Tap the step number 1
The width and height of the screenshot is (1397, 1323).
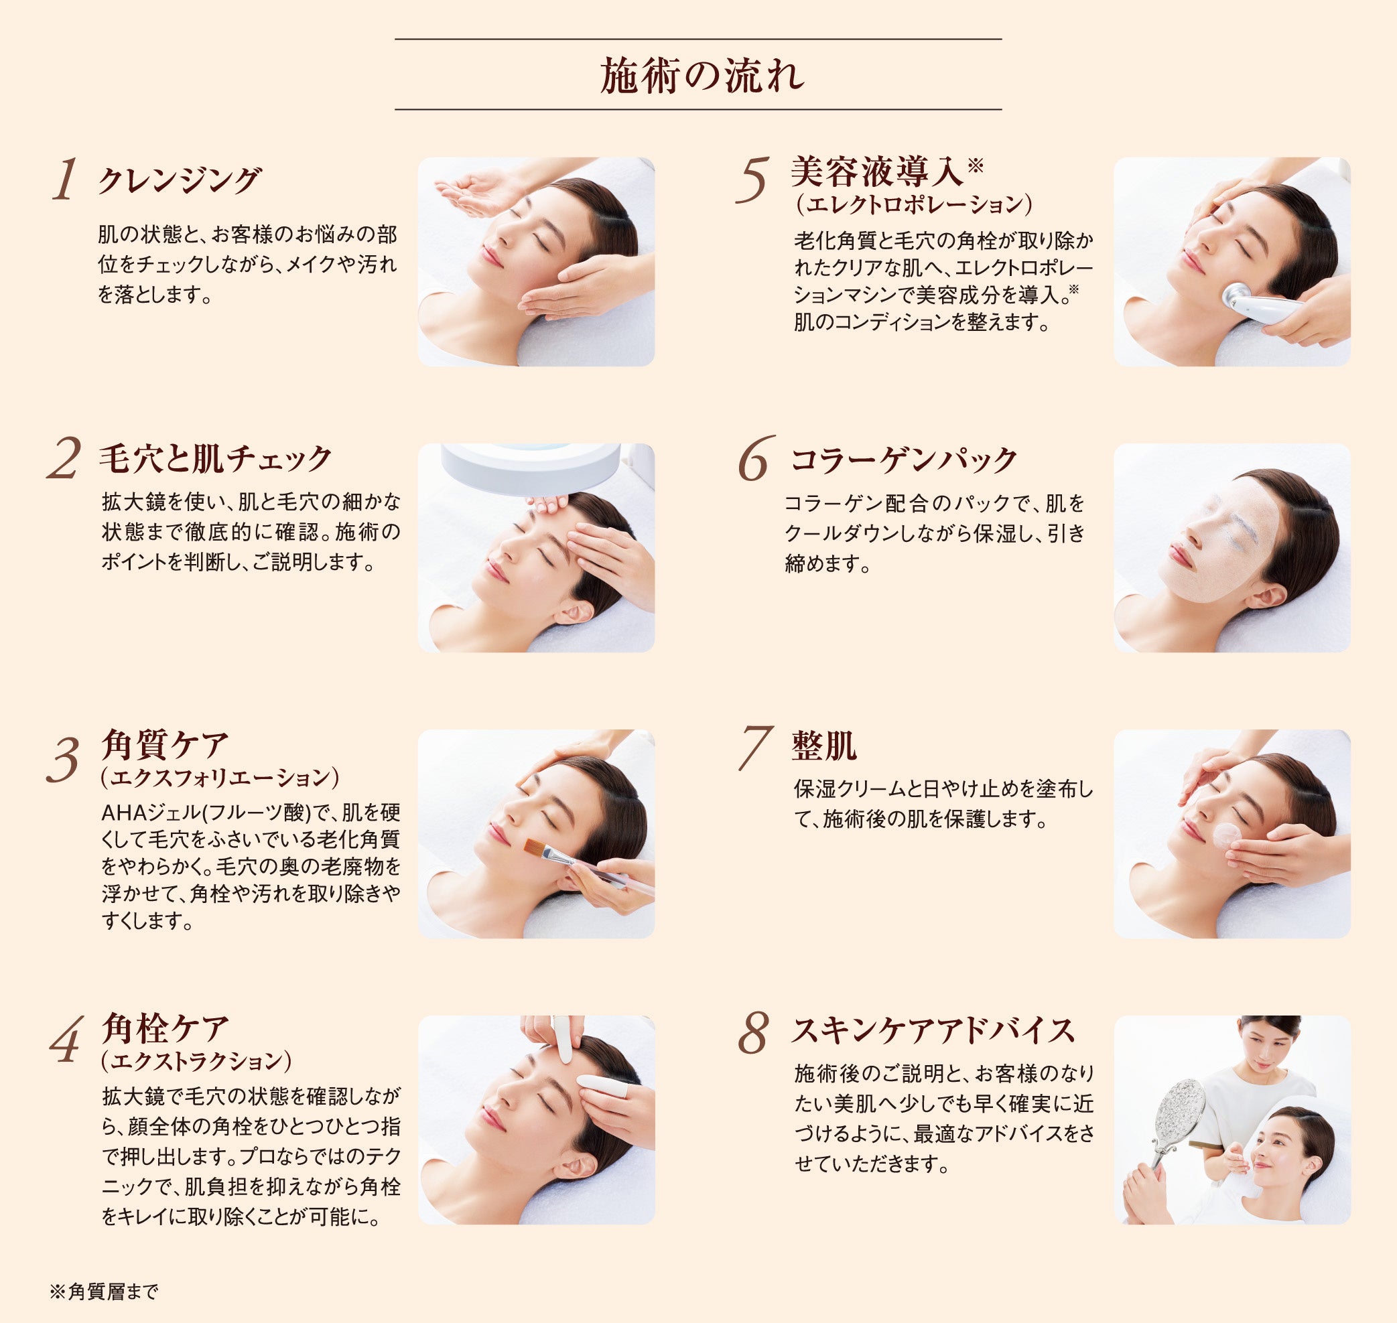point(64,180)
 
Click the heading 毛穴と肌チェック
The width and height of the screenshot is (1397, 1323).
point(215,458)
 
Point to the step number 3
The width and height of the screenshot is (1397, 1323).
point(63,761)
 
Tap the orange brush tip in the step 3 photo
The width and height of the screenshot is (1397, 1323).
point(534,847)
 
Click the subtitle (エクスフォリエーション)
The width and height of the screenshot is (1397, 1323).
point(220,778)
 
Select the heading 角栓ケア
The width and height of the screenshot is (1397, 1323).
point(165,1028)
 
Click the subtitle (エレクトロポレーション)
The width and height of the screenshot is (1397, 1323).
point(914,204)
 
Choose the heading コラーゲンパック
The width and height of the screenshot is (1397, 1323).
point(903,460)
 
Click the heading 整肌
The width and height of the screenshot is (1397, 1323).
point(823,746)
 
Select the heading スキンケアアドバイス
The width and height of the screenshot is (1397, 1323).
point(932,1030)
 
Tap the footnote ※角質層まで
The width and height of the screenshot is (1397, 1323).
point(105,1292)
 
